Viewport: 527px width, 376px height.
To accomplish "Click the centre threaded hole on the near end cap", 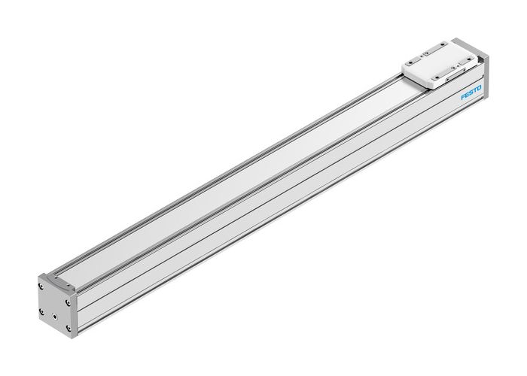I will pos(55,305).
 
